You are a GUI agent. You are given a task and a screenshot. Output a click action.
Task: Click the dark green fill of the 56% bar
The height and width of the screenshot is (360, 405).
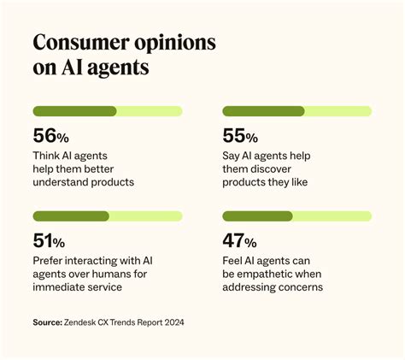[x=74, y=111]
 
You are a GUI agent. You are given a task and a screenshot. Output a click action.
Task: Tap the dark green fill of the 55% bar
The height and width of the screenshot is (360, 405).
[x=263, y=111]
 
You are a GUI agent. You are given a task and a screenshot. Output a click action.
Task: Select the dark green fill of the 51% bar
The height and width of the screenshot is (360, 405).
[x=71, y=216]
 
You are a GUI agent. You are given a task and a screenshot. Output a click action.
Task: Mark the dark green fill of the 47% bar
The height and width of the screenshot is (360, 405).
[x=257, y=216]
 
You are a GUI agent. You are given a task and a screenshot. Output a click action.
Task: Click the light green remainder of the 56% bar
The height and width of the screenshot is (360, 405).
[x=150, y=111]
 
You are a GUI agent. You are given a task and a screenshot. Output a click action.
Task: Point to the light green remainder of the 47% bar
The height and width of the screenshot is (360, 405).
[x=332, y=216]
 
